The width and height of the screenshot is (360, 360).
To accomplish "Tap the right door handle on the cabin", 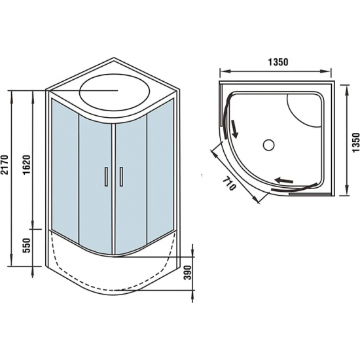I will tap(121, 179).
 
